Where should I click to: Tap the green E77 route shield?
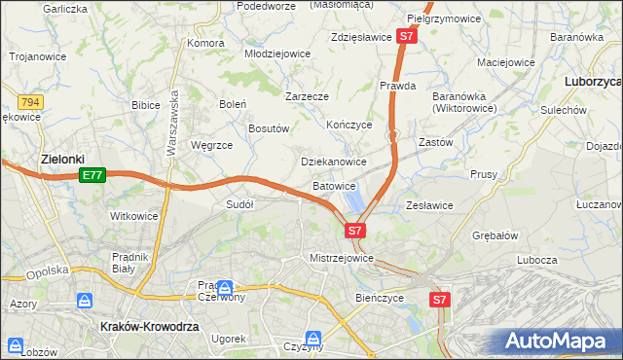(92, 175)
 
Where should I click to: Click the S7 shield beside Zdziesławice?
(408, 37)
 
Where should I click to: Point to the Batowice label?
(334, 186)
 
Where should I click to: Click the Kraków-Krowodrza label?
(150, 328)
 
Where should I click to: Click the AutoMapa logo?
(560, 341)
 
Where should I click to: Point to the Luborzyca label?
(593, 83)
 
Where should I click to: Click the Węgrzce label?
(212, 145)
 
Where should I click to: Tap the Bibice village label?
(145, 103)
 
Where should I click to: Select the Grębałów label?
(495, 235)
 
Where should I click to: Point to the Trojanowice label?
(38, 56)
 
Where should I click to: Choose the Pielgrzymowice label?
(445, 18)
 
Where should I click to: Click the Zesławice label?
(429, 205)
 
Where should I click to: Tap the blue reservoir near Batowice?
(354, 199)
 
